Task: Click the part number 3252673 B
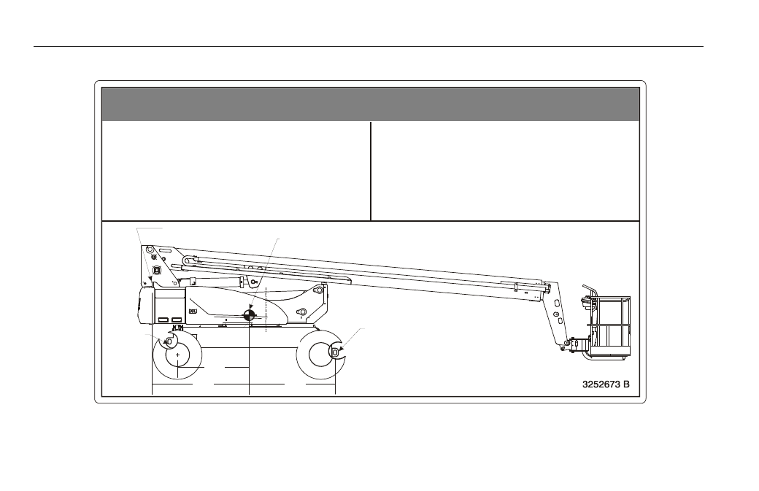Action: (x=606, y=384)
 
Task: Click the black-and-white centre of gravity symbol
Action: (x=250, y=315)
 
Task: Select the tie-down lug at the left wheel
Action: (x=169, y=341)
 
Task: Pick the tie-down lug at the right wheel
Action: (x=334, y=352)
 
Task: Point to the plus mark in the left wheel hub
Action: (x=177, y=355)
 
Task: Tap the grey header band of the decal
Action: (x=370, y=104)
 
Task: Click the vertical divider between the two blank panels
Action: (x=371, y=171)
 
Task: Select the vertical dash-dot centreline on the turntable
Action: (x=266, y=309)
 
